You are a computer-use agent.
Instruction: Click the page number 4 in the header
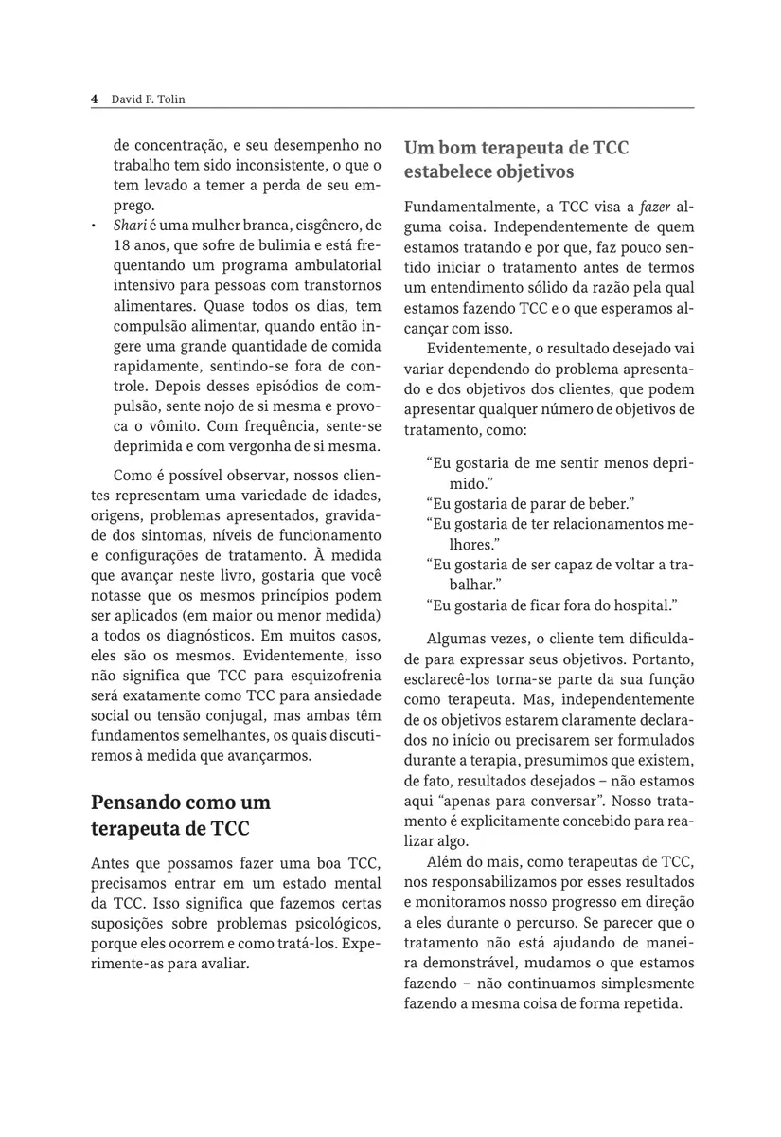coord(94,99)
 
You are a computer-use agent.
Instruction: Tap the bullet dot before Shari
coord(94,226)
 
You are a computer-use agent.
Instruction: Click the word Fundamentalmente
coord(465,208)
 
